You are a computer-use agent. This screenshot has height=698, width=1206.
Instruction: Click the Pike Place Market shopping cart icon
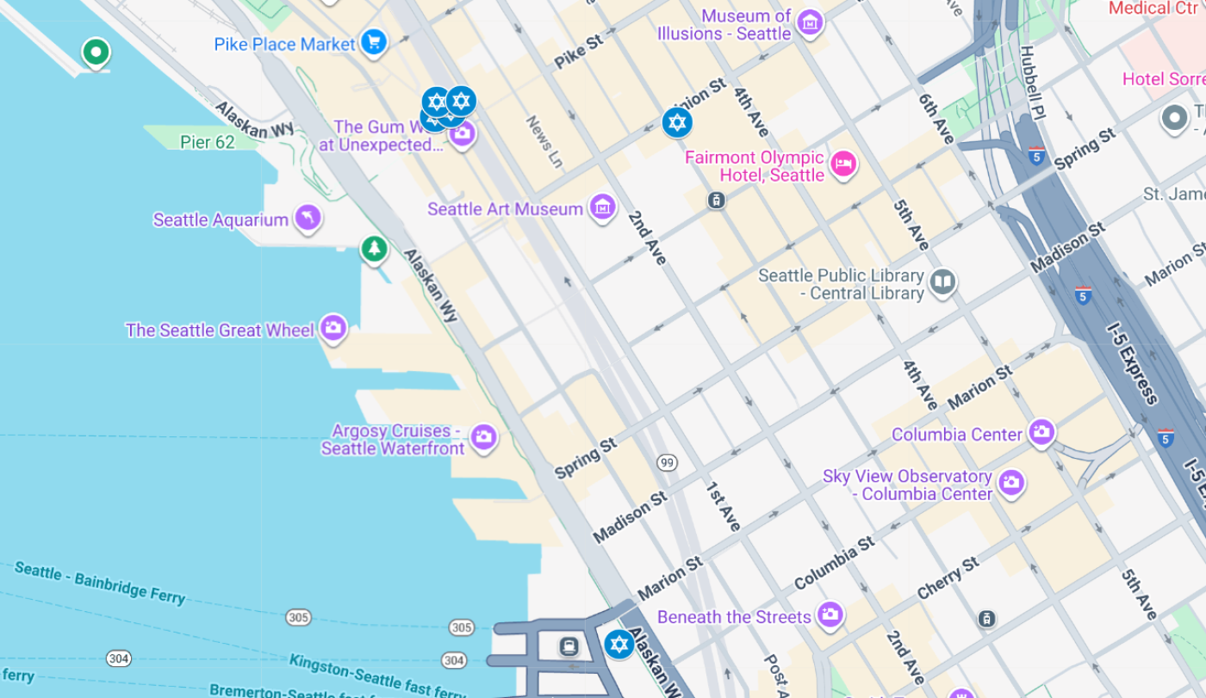[373, 41]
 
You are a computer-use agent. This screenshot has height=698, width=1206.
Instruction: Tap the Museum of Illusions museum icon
[809, 23]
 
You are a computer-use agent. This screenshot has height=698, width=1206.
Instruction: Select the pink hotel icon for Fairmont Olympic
[843, 163]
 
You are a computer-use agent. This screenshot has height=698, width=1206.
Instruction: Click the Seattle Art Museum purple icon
[602, 207]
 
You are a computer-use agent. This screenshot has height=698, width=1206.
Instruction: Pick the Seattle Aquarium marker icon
[308, 218]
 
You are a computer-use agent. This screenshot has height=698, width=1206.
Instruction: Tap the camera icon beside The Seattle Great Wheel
[333, 328]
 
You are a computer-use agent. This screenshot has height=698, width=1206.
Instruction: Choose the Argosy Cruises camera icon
[483, 436]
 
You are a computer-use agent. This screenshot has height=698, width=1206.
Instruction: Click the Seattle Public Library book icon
[943, 281]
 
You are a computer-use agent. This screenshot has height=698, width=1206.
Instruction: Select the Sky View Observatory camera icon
[1011, 483]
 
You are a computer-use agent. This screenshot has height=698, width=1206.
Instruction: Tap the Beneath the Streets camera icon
[830, 615]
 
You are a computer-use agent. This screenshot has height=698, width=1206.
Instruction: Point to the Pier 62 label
[207, 142]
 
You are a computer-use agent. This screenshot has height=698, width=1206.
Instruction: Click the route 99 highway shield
[667, 463]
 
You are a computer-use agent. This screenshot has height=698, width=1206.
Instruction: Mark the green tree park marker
[373, 250]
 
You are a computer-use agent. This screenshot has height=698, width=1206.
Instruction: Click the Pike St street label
[578, 53]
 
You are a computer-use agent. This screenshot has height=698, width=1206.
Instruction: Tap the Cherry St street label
[948, 578]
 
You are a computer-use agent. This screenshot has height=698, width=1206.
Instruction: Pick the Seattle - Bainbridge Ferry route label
[99, 583]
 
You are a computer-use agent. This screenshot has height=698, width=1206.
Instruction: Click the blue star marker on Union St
[677, 122]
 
